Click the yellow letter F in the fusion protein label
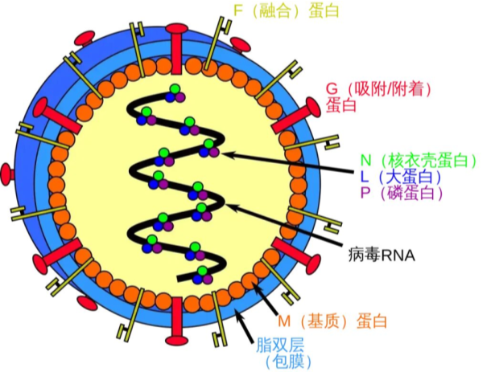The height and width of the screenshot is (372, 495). tap(237, 10)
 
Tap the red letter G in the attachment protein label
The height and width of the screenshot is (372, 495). tap(332, 88)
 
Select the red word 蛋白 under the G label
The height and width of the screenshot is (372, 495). tap(341, 105)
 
